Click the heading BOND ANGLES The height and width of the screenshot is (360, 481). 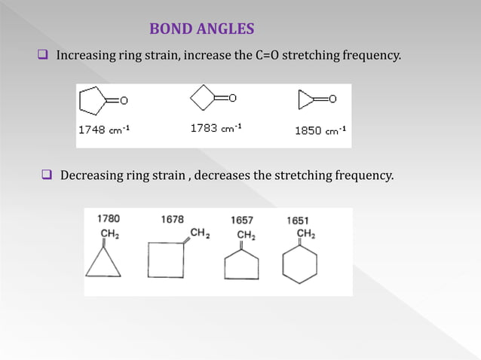(201, 29)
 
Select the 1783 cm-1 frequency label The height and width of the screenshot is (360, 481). (216, 128)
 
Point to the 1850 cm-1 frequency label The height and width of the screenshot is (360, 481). (320, 130)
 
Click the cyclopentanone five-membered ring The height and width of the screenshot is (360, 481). (96, 100)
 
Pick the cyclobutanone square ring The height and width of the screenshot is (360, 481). (202, 98)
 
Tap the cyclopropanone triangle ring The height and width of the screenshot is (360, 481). (303, 99)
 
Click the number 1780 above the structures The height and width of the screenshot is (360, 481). (108, 218)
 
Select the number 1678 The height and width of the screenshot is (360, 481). (172, 219)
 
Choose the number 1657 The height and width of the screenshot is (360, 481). (241, 220)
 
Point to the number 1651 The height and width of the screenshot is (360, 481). (297, 220)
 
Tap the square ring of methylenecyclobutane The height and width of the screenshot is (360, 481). (166, 259)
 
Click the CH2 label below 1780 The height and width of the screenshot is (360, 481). (109, 234)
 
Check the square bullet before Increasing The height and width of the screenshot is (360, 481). (43, 55)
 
